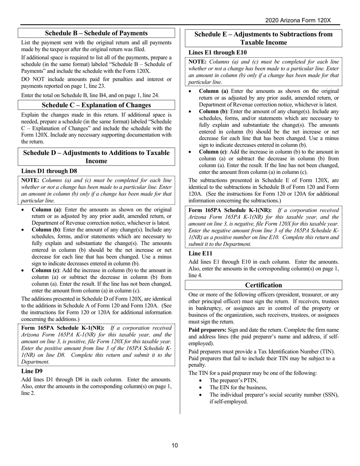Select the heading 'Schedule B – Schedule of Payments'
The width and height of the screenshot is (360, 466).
pyautogui.click(x=96, y=33)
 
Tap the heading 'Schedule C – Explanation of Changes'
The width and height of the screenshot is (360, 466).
pyautogui.click(x=96, y=105)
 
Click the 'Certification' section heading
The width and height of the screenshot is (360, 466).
pyautogui.click(x=264, y=285)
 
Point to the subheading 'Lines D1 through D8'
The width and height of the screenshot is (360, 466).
pyautogui.click(x=49, y=171)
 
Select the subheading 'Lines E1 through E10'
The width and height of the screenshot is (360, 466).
pyautogui.click(x=217, y=52)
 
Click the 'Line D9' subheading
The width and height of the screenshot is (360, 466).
pyautogui.click(x=32, y=371)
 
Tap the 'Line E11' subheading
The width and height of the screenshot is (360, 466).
pyautogui.click(x=200, y=253)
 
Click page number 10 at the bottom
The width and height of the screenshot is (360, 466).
pyautogui.click(x=174, y=445)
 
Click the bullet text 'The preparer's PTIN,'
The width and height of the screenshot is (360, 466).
pyautogui.click(x=233, y=380)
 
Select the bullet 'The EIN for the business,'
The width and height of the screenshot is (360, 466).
pyautogui.click(x=238, y=387)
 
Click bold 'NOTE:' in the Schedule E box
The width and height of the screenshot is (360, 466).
pyautogui.click(x=197, y=61)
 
